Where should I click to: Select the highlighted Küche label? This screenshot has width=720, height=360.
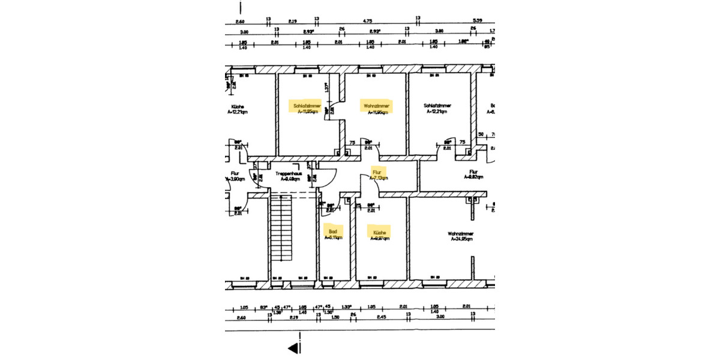click(x=379, y=233)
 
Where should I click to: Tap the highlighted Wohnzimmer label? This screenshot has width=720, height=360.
click(x=377, y=108)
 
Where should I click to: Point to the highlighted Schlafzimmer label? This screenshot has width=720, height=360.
click(x=305, y=108)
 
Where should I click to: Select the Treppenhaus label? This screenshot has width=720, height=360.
click(x=287, y=176)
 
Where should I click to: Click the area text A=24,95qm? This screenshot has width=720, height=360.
click(x=461, y=239)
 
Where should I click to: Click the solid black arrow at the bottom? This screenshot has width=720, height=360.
click(x=293, y=347)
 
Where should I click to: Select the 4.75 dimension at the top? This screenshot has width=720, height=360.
click(x=367, y=20)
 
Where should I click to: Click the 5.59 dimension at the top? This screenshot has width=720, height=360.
click(x=478, y=20)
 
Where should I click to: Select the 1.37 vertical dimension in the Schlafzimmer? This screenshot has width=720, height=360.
click(x=326, y=88)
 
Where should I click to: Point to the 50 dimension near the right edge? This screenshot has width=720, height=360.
click(x=481, y=134)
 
